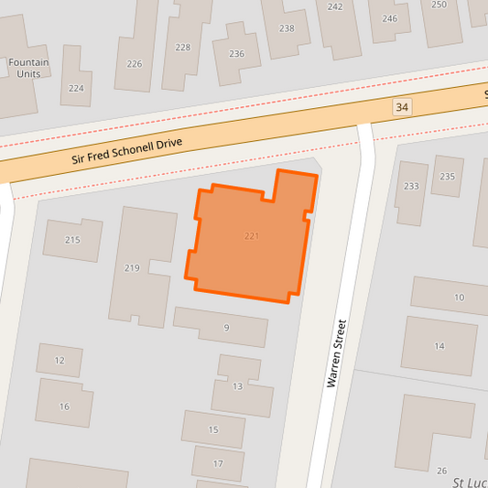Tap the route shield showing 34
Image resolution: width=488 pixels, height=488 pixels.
(402, 108)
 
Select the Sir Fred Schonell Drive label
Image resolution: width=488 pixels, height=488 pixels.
(128, 151)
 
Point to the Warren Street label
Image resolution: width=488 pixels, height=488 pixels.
(337, 352)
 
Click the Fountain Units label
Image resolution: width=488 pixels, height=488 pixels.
(27, 68)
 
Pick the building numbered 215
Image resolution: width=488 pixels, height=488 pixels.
(72, 240)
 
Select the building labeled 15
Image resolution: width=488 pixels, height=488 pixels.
(213, 428)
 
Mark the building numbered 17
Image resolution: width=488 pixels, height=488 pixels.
(218, 463)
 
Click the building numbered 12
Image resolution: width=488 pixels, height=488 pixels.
(60, 360)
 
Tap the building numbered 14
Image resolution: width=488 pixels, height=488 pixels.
(439, 345)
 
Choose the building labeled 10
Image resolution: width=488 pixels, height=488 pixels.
(458, 297)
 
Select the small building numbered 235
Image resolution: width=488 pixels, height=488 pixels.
(447, 176)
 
